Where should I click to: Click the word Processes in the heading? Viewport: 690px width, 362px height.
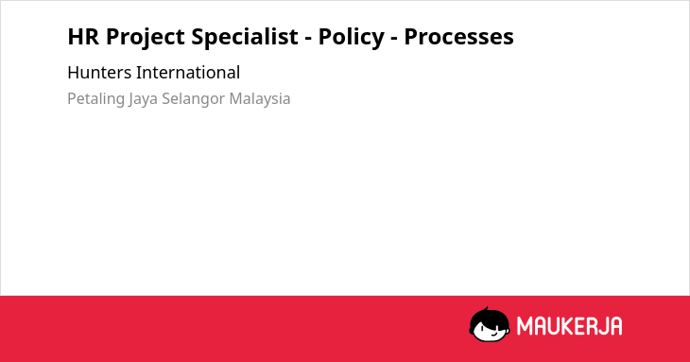(x=459, y=37)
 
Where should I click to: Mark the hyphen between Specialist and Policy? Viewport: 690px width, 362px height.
(x=308, y=39)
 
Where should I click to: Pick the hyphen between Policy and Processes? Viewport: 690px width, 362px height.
(x=394, y=39)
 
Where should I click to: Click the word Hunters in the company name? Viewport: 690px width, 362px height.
(x=99, y=73)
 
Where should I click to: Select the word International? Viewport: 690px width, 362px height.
(x=188, y=73)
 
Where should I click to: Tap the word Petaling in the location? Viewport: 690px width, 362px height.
(x=95, y=99)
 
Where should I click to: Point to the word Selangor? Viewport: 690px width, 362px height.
(x=193, y=99)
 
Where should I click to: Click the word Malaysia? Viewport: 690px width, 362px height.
(x=260, y=99)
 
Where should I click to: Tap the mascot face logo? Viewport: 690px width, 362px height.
(x=490, y=324)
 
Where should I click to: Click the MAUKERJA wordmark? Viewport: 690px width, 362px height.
(x=569, y=326)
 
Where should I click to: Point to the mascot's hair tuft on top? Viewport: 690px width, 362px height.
(x=486, y=308)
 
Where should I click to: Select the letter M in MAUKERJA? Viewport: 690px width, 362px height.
(x=525, y=326)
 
